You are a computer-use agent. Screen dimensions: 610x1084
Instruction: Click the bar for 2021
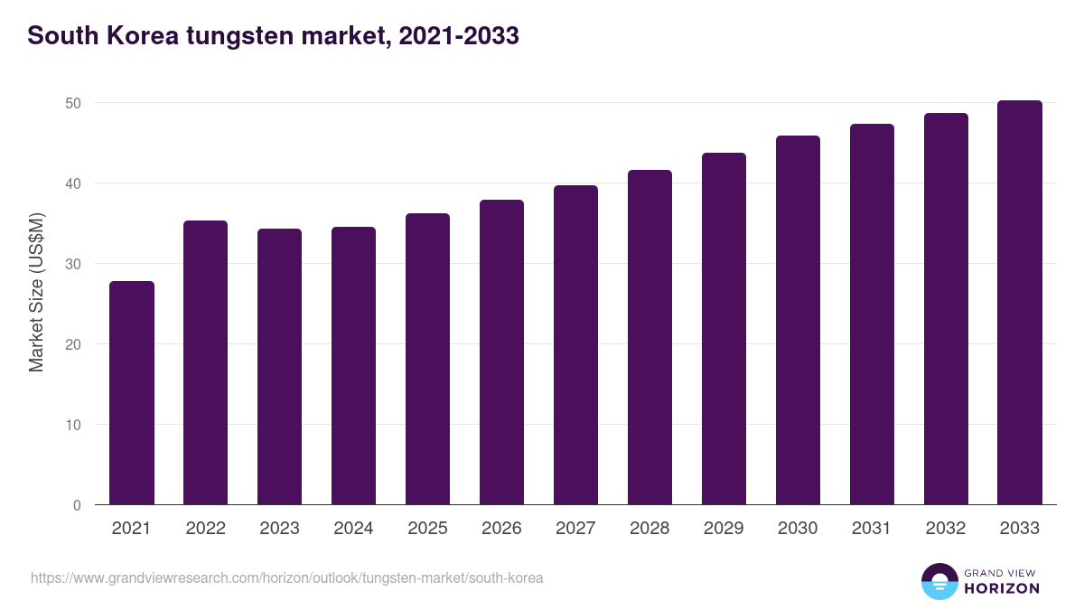[x=132, y=393]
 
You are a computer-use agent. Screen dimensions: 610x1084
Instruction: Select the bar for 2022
[x=206, y=362]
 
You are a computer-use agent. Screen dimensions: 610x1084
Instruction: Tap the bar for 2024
[x=353, y=366]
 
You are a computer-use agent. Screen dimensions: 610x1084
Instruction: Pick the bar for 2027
[x=575, y=345]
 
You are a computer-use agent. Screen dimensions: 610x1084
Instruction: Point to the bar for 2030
[x=798, y=320]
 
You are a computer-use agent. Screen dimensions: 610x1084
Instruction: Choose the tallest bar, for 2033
[x=1020, y=303]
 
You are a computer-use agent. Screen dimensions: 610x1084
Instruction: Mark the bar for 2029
[x=724, y=329]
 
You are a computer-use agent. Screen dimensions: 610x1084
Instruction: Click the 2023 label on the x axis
[x=279, y=529]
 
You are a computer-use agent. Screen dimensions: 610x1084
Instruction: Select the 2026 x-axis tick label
[x=501, y=529]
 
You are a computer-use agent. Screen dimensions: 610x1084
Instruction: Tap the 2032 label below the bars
[x=946, y=529]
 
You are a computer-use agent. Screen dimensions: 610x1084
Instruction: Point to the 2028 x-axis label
[x=649, y=529]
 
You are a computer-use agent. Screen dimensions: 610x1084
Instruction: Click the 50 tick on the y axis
[x=73, y=104]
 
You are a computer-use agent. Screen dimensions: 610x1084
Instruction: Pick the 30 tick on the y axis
[x=73, y=265]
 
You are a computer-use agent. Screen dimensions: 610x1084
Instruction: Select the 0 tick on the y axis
[x=78, y=505]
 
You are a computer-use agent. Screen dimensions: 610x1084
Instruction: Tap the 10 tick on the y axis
[x=73, y=425]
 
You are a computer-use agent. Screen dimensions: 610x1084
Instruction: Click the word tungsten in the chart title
[x=237, y=36]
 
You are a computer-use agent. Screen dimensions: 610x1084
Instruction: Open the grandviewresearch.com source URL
[x=287, y=577]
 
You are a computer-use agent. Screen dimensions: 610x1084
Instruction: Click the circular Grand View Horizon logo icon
[x=939, y=582]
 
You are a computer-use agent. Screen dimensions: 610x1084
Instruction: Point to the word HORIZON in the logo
[x=1002, y=588]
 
